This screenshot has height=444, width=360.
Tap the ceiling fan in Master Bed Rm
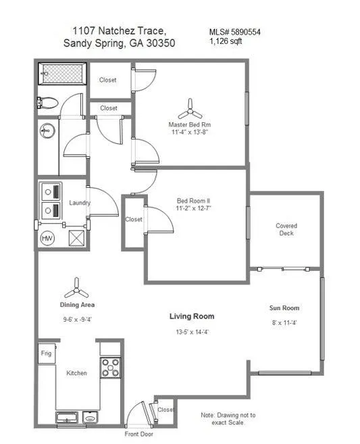tap(190, 107)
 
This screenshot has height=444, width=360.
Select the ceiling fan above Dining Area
tap(76, 288)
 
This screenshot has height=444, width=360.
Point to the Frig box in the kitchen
tap(46, 353)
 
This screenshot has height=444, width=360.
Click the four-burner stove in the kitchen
tap(110, 367)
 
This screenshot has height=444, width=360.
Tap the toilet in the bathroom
tap(48, 103)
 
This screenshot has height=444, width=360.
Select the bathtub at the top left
tap(62, 72)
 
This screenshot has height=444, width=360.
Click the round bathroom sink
tap(46, 130)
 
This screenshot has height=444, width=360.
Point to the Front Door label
tap(139, 434)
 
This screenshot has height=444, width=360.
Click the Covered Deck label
tap(286, 230)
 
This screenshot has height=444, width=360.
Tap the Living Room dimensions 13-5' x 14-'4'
tap(191, 332)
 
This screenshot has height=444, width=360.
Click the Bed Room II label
tap(194, 201)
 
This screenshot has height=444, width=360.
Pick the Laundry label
tap(80, 203)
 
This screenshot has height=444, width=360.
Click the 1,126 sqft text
tap(226, 41)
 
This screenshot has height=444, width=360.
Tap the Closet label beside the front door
tap(165, 410)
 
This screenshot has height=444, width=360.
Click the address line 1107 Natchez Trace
tap(119, 31)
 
